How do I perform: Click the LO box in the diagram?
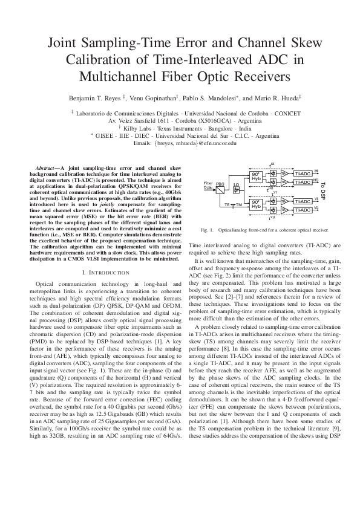tap(237, 185)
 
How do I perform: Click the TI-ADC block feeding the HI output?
tap(303, 173)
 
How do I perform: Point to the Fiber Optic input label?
tap(208, 184)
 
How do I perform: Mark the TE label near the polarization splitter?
tap(227, 205)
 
